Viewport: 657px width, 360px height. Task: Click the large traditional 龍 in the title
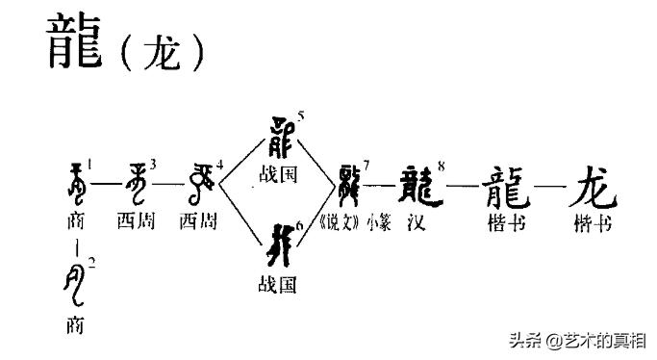pos(75,44)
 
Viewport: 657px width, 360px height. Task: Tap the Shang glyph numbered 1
pos(74,184)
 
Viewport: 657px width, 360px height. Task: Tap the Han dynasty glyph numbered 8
pos(418,183)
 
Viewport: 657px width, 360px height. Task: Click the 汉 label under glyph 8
pos(416,222)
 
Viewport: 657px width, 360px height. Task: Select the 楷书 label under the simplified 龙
pos(593,222)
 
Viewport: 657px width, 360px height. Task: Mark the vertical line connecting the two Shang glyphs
pos(75,248)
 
